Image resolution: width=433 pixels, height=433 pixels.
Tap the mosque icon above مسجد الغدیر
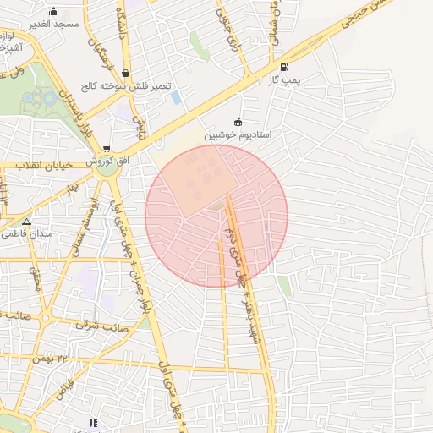click(54, 11)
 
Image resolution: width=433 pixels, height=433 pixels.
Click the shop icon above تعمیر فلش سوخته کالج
click(126, 73)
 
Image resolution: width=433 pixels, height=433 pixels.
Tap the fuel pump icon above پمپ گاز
click(283, 67)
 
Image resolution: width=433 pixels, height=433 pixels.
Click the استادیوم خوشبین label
click(236, 134)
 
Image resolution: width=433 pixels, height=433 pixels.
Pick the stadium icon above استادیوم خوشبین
click(237, 121)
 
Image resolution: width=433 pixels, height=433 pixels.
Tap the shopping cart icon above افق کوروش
click(106, 148)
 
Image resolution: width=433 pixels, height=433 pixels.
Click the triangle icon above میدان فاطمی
click(27, 222)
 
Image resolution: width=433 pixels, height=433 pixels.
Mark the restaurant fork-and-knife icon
click(93, 423)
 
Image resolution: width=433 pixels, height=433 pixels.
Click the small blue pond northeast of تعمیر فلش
click(176, 97)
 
